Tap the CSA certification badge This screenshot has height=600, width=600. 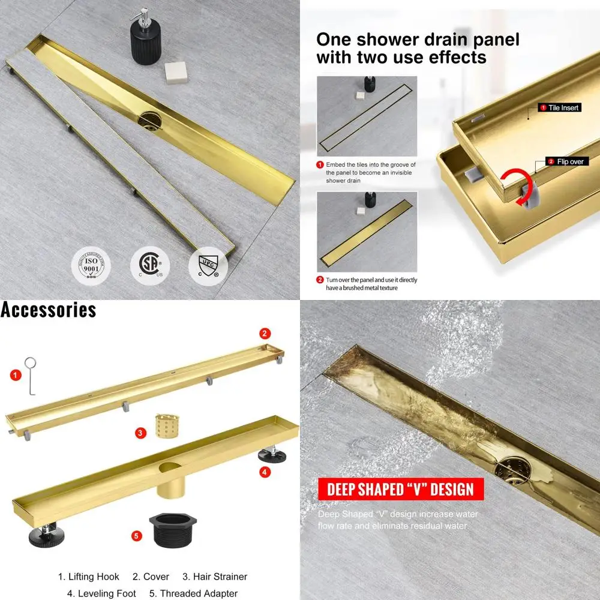coord(150,263)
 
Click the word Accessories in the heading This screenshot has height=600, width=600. coord(48,310)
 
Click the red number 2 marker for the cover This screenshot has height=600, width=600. coord(265,334)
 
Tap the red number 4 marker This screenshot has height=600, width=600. coord(265,472)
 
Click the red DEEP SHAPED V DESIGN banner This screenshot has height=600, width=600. coord(400,489)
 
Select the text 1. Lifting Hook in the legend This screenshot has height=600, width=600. coord(89,577)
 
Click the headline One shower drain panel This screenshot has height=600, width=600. coord(418,40)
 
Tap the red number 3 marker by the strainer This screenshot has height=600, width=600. coord(139,432)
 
